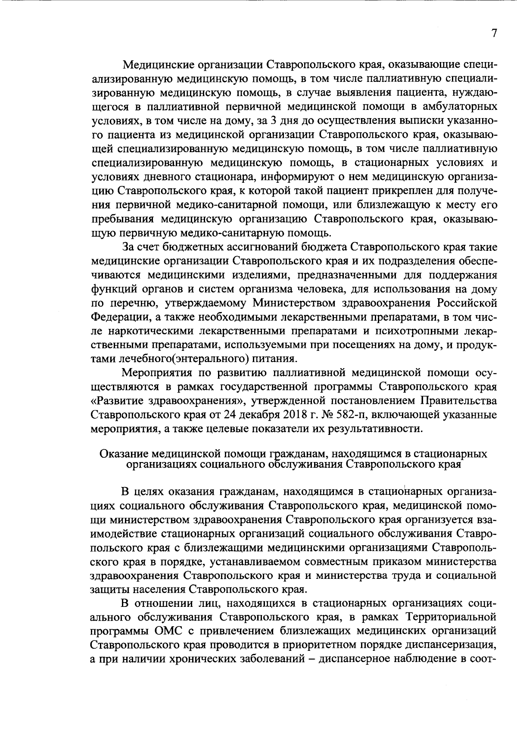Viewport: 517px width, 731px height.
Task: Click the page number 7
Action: coord(494,34)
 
